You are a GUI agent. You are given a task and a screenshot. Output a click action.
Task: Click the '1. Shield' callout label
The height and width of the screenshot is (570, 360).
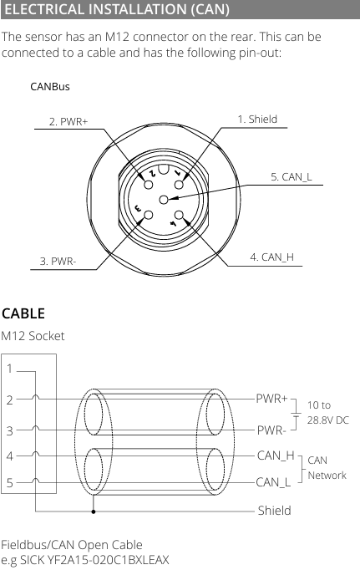[x=257, y=120]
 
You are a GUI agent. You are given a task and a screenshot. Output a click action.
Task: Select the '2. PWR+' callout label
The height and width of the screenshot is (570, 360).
[x=68, y=121]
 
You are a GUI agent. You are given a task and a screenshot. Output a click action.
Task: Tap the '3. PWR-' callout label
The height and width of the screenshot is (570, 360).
[x=58, y=262]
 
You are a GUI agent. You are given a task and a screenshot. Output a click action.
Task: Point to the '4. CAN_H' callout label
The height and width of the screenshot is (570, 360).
[x=271, y=257]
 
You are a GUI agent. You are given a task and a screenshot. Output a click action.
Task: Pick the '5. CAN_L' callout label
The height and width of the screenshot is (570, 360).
[x=291, y=177]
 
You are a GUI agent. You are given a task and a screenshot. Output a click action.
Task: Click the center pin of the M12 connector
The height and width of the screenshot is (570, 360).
[x=164, y=199]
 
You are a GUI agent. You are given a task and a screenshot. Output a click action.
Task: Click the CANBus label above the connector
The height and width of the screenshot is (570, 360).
[x=50, y=87]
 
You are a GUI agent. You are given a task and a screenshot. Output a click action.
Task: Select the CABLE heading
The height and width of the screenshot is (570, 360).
[x=23, y=313]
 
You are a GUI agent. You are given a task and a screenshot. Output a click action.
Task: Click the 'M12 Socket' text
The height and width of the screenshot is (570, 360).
[x=33, y=336]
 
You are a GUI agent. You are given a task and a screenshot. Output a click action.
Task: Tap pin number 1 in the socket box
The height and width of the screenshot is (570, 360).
[x=9, y=369]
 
